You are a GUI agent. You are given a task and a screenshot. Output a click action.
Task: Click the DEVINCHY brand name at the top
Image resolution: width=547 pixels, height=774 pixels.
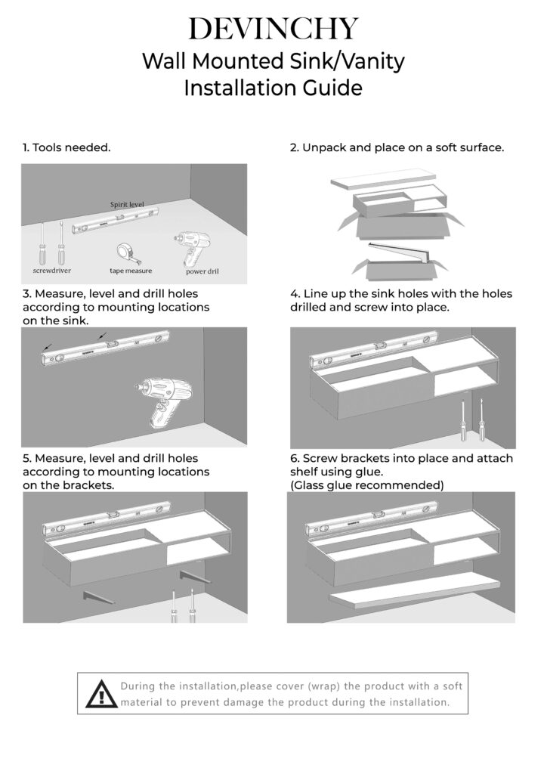click(273, 28)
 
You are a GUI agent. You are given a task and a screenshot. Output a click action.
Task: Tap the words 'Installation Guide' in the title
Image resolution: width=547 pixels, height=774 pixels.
click(273, 88)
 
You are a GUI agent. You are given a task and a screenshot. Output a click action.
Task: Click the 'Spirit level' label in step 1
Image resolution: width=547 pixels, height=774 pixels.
click(127, 205)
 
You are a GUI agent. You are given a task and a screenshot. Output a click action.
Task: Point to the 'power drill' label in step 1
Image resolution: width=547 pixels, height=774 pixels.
click(202, 271)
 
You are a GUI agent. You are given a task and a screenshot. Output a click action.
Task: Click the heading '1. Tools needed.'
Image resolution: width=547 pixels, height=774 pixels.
click(66, 147)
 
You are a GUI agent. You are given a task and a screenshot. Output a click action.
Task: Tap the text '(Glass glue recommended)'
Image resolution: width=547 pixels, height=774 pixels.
click(367, 485)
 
